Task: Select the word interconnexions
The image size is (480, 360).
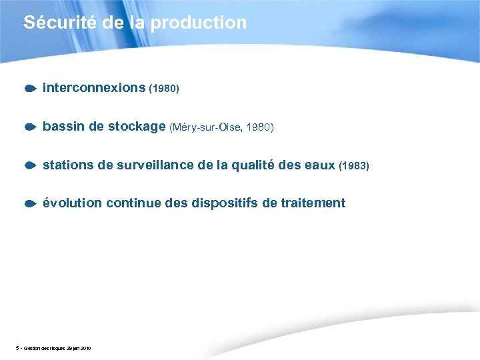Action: point(94,87)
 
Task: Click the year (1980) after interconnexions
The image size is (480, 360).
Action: point(164,88)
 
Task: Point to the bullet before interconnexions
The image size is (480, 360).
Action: point(30,88)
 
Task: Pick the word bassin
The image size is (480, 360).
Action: point(63,126)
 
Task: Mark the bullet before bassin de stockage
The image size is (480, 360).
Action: point(30,127)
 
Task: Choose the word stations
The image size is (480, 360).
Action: point(68,165)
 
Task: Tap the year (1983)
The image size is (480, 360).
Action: point(354,165)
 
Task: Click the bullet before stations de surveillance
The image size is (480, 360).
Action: point(30,165)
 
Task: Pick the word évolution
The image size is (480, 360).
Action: point(71,203)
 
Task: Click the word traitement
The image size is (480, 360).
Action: point(311,203)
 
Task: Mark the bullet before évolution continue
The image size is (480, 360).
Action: point(30,203)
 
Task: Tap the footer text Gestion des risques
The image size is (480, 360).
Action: point(47,349)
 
